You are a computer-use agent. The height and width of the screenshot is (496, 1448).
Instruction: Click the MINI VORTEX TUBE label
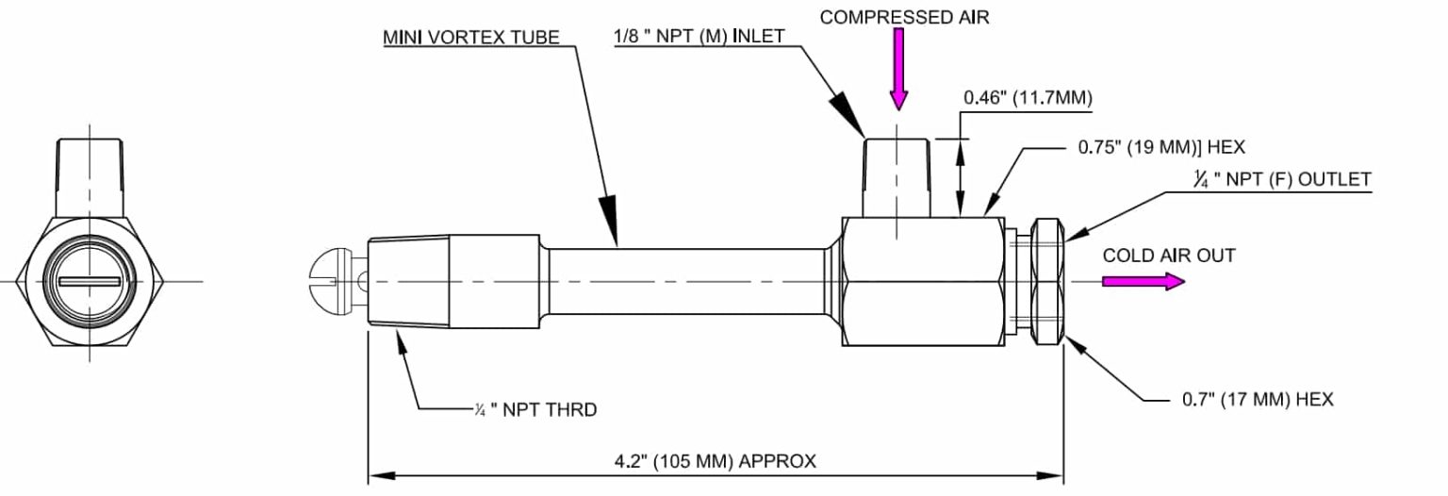(470, 38)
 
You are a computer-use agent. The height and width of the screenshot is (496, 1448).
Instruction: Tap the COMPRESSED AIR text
(904, 17)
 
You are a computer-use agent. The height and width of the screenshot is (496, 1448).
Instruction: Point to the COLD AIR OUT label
(1168, 256)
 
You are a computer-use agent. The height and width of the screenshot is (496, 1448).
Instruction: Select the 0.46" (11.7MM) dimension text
(1028, 98)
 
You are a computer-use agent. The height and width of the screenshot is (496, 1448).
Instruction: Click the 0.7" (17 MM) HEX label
(1258, 400)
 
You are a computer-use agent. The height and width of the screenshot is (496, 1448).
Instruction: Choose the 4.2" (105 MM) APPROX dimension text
(715, 462)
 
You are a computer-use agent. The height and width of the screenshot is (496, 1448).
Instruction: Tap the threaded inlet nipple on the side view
(897, 175)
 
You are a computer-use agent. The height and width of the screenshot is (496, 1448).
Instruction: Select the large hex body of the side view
(920, 281)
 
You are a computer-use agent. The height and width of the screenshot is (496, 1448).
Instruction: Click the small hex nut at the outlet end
(1049, 281)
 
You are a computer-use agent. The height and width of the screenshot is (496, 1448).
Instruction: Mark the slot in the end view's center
(90, 281)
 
